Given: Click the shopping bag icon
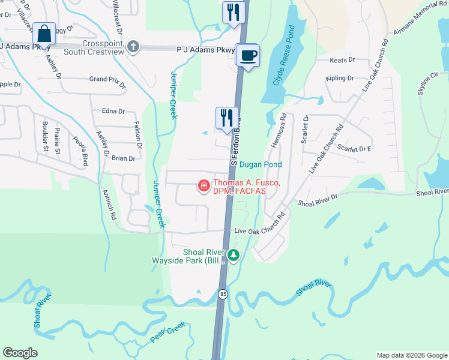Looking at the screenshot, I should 44,34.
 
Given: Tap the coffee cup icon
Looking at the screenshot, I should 248,56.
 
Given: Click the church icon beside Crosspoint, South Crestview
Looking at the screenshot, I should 133,46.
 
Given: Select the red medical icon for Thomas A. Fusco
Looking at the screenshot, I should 204,186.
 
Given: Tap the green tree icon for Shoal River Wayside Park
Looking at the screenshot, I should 234,256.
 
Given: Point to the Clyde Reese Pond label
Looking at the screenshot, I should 284,55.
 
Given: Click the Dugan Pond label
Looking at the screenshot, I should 260,164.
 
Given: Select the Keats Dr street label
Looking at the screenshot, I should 343,61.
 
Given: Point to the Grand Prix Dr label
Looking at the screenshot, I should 107,80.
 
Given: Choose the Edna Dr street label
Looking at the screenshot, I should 113,111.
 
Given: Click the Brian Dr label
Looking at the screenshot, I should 123,158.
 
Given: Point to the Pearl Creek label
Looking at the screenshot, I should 167,332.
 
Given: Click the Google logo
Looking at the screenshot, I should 20,353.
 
